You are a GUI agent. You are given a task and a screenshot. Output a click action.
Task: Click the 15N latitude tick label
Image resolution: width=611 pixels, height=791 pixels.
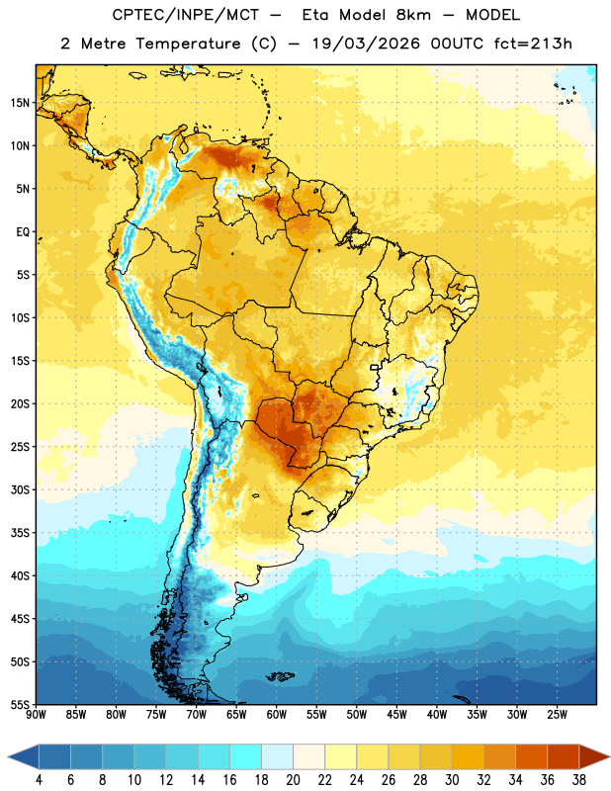click(x=20, y=103)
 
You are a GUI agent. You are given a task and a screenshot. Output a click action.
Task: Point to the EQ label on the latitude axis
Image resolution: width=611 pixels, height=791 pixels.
click(x=23, y=232)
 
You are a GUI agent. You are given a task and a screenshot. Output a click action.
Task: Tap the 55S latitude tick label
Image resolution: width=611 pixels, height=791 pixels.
click(x=20, y=705)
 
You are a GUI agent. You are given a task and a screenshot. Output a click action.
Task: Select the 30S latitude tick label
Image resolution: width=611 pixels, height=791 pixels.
click(x=20, y=489)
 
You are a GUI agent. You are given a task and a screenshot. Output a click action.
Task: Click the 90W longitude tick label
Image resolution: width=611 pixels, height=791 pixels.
click(x=36, y=715)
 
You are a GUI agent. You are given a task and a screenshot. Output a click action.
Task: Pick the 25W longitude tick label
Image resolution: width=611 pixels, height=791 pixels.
click(x=557, y=715)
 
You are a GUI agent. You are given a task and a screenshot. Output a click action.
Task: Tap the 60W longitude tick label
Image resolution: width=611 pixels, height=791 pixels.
click(x=277, y=715)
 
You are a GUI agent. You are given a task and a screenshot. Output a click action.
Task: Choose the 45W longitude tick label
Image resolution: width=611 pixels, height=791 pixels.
click(x=396, y=715)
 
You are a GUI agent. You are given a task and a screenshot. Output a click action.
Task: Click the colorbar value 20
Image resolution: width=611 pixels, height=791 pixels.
click(x=293, y=780)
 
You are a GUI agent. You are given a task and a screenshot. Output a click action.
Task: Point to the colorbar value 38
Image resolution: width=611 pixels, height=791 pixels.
click(x=579, y=780)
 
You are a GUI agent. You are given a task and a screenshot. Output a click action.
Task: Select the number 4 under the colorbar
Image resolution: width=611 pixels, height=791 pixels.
click(x=39, y=780)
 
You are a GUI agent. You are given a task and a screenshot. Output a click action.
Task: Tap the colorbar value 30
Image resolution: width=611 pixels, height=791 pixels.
click(x=452, y=780)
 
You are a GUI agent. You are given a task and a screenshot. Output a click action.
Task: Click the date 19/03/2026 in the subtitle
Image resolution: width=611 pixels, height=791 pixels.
click(x=366, y=44)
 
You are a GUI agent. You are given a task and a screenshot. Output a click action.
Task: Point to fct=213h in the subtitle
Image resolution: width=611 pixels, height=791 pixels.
click(x=533, y=44)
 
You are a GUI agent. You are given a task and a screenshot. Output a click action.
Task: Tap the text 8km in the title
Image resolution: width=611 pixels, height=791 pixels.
click(x=413, y=15)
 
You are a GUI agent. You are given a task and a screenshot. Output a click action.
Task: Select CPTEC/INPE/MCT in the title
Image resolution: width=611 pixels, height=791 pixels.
click(x=186, y=15)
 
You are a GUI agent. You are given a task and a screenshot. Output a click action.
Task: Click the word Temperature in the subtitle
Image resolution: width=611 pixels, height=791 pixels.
click(x=188, y=44)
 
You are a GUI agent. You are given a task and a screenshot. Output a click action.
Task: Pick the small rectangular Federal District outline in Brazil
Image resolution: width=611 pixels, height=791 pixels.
click(x=375, y=367)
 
